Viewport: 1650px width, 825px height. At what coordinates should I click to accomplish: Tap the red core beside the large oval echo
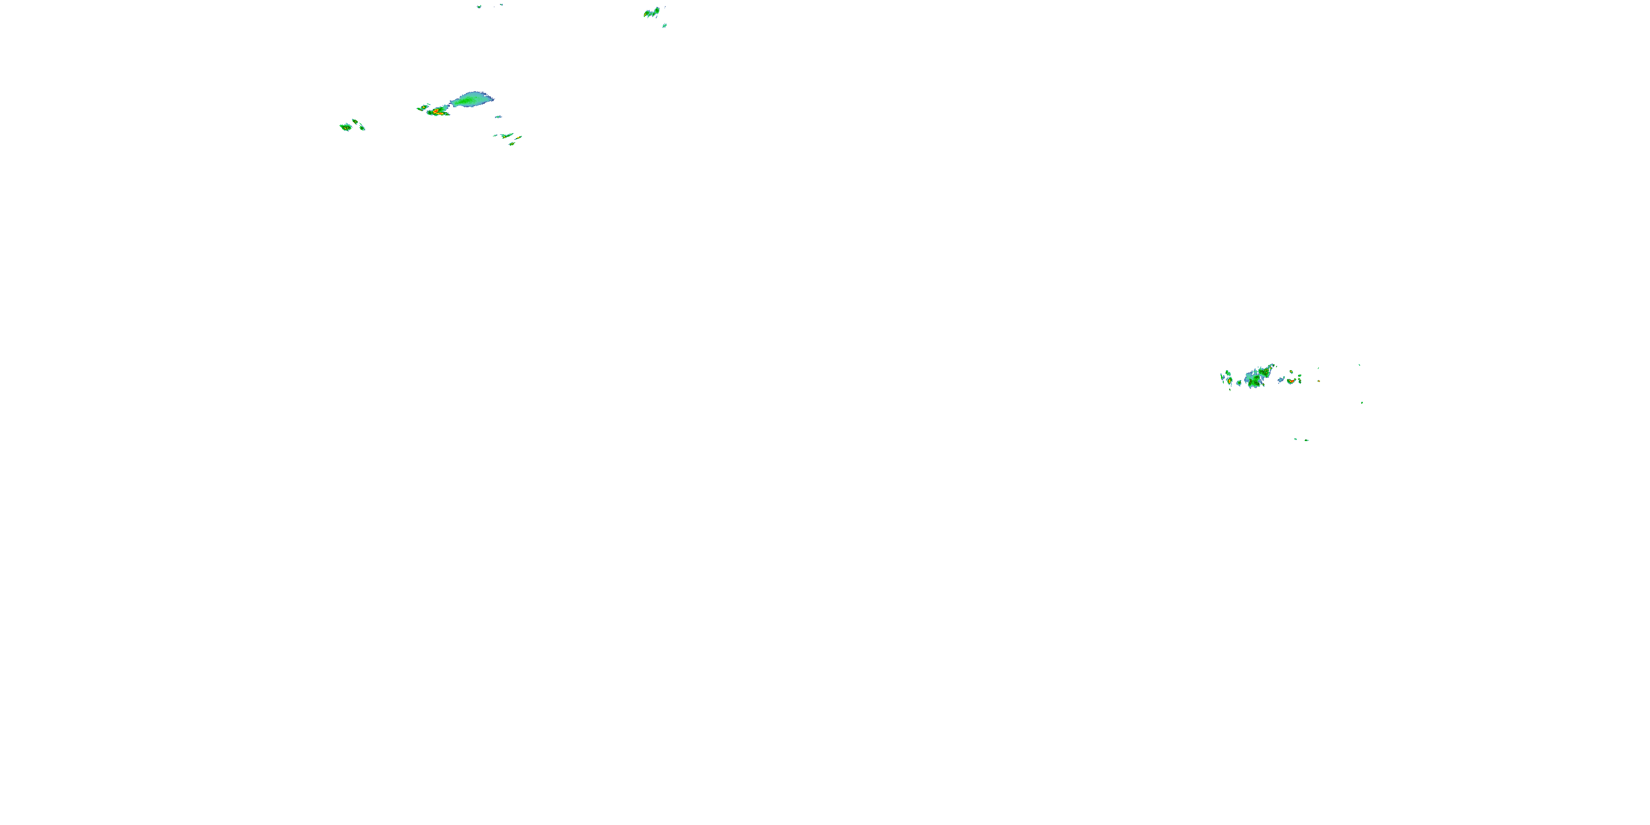(437, 112)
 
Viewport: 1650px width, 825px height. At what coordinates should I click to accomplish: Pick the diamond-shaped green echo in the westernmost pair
(346, 127)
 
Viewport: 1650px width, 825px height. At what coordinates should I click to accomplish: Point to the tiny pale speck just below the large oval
(498, 117)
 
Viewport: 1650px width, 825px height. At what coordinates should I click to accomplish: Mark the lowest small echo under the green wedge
(512, 144)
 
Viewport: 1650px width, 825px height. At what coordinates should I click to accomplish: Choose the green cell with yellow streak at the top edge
(652, 12)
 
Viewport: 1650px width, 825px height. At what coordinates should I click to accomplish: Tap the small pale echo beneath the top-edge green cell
(664, 26)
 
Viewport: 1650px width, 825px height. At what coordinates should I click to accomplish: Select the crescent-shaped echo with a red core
(1291, 381)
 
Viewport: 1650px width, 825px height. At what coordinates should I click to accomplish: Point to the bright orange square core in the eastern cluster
(1229, 381)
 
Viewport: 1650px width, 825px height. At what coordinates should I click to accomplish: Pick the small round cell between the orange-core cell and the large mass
(1239, 383)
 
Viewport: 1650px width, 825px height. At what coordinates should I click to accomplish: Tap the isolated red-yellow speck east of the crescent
(1319, 381)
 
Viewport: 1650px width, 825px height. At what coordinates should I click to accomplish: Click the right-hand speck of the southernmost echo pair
(1307, 440)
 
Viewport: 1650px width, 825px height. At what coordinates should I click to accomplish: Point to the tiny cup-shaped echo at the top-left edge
(479, 7)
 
